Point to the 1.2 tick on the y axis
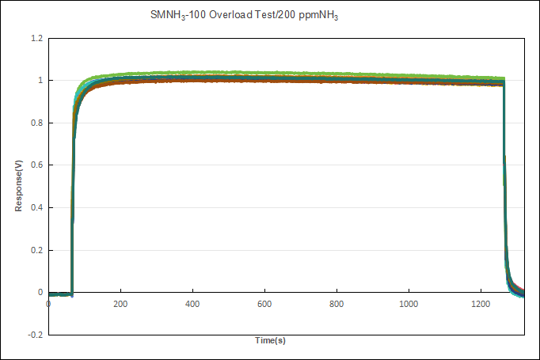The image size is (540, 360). click(x=36, y=38)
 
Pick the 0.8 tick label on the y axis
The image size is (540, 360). click(x=36, y=123)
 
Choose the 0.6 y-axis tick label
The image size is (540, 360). click(x=36, y=165)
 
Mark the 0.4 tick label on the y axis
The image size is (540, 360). click(x=36, y=207)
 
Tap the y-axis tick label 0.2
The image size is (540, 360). click(x=36, y=250)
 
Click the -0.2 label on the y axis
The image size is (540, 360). click(x=36, y=335)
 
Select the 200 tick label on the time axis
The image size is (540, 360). click(x=120, y=304)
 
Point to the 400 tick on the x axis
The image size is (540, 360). click(x=192, y=304)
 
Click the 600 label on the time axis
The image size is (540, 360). click(x=264, y=304)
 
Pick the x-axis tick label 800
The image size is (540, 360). click(x=337, y=304)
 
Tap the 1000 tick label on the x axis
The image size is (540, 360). click(x=409, y=304)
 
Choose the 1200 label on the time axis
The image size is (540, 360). click(x=481, y=304)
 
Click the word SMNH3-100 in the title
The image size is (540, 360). click(x=178, y=15)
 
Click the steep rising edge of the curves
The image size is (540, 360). click(x=73, y=190)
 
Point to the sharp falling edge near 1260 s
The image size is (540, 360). click(x=504, y=190)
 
